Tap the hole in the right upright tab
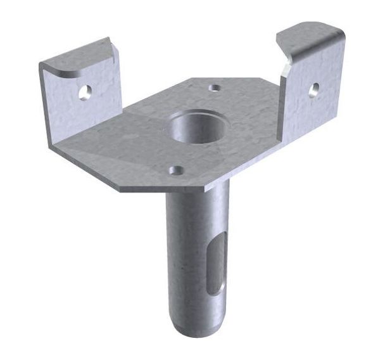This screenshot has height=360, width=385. pos(313,89)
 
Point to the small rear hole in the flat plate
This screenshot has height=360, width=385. pos(215,87)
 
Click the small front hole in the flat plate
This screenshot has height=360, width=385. pos(176,170)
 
